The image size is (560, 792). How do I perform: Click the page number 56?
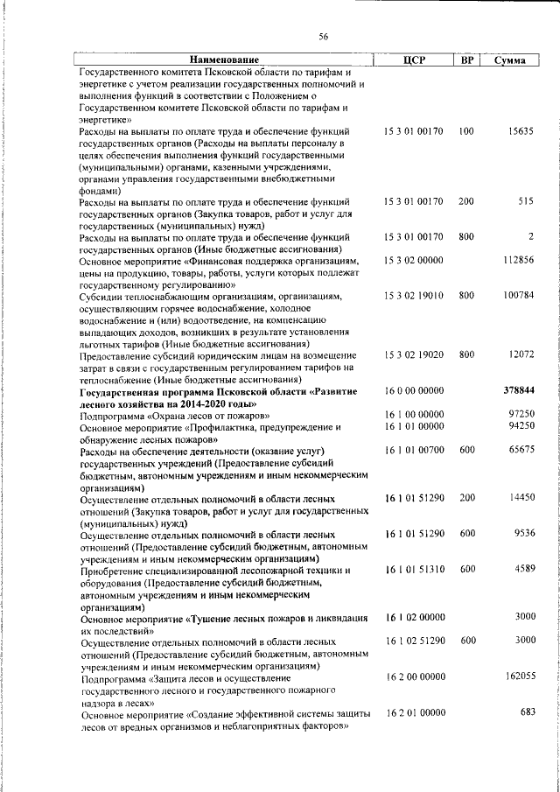pyautogui.click(x=323, y=36)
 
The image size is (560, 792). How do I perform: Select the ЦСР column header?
pyautogui.click(x=414, y=60)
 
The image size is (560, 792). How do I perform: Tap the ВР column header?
pyautogui.click(x=467, y=60)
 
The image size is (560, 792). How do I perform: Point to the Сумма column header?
pyautogui.click(x=509, y=60)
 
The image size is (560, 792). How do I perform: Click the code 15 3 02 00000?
pyautogui.click(x=414, y=261)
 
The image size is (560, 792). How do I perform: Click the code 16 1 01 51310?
pyautogui.click(x=414, y=569)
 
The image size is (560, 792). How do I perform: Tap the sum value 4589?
pyautogui.click(x=523, y=569)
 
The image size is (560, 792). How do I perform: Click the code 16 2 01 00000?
pyautogui.click(x=414, y=712)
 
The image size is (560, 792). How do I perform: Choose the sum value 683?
pyautogui.click(x=527, y=712)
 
